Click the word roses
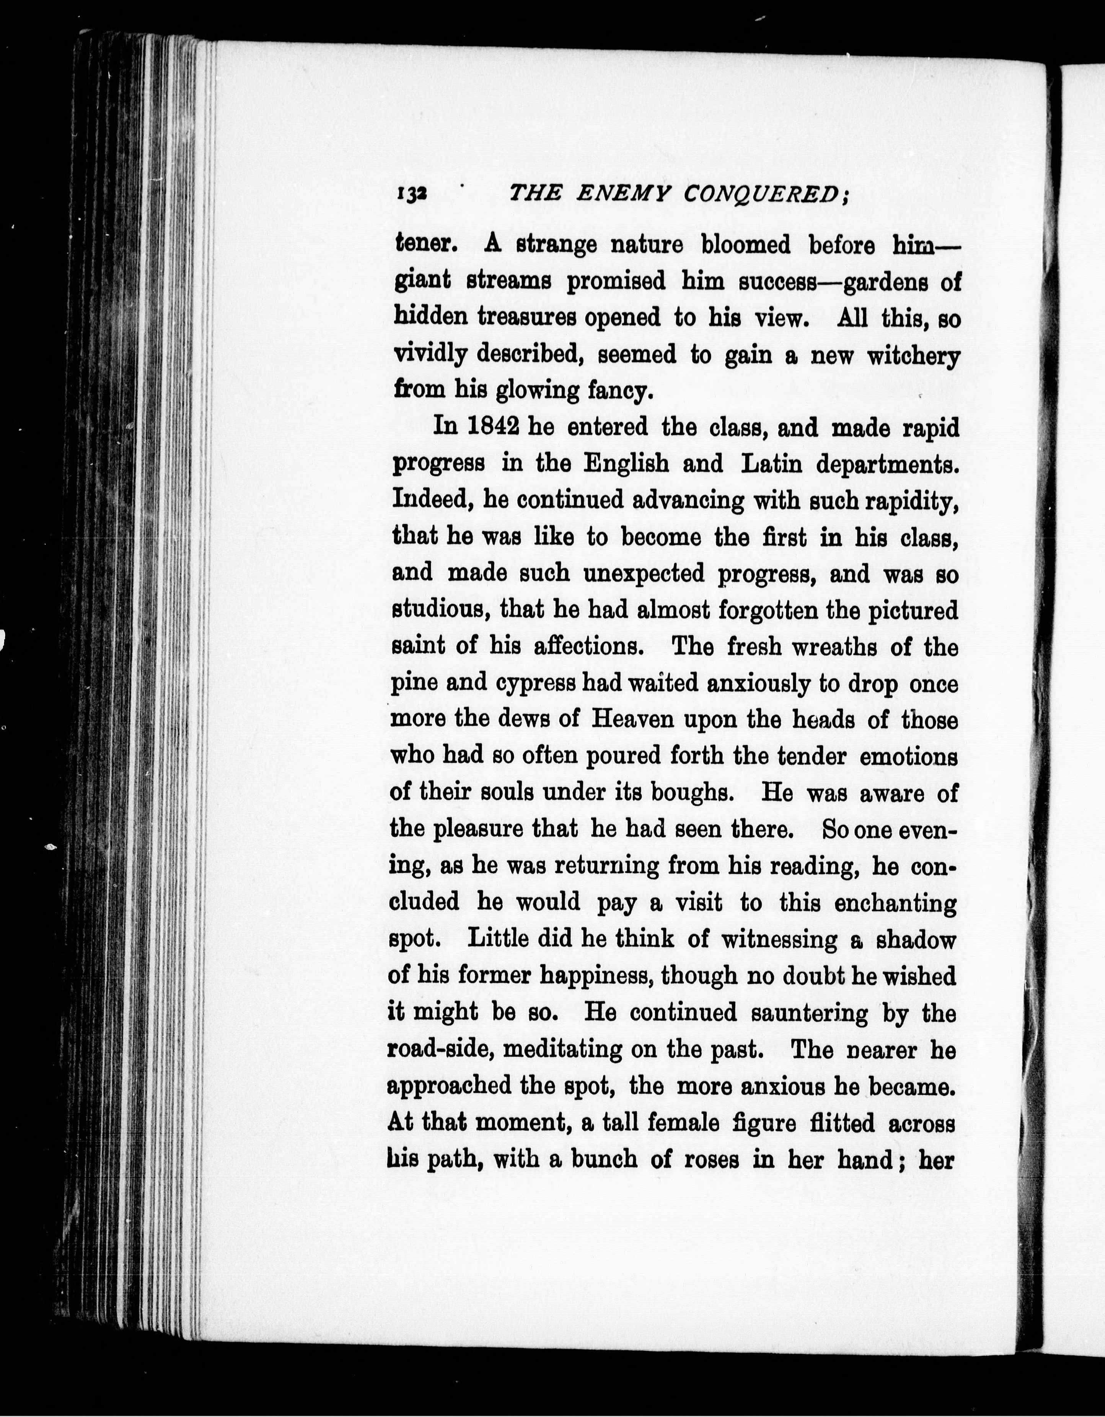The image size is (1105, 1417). point(711,1159)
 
